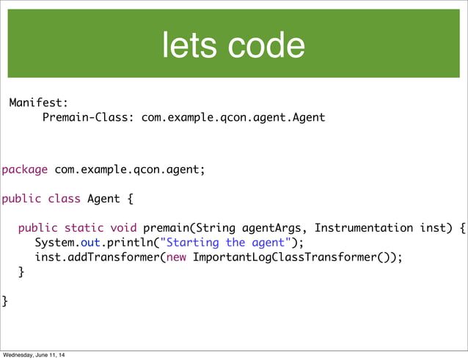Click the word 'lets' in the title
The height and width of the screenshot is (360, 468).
point(190,45)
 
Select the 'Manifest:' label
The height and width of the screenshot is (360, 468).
point(38,103)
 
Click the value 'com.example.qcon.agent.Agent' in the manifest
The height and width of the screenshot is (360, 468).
point(233,117)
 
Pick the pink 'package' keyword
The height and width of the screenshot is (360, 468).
point(25,170)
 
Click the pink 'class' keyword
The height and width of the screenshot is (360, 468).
point(65,199)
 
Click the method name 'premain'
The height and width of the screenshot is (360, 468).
point(167,228)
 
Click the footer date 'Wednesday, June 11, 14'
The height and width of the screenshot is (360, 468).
point(34,356)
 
